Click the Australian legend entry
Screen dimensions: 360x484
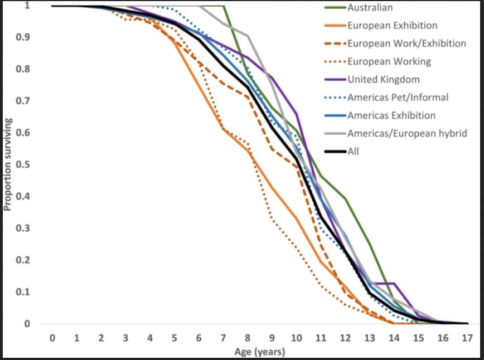coord(370,8)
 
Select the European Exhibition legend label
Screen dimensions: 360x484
coord(392,26)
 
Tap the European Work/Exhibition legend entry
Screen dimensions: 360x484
coord(406,43)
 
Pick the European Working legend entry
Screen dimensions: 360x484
coord(389,61)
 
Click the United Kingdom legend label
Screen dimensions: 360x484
coord(383,79)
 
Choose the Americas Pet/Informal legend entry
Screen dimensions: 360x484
coord(398,98)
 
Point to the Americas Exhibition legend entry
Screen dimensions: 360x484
coord(391,115)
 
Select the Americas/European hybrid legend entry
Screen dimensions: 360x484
coord(406,133)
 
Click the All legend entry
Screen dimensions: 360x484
coord(354,151)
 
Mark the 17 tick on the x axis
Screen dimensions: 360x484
coord(467,338)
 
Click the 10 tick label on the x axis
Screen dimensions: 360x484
coord(296,338)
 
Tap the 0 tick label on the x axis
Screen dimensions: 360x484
coord(52,338)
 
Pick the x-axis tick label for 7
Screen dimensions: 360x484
coord(223,338)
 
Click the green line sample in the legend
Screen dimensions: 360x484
coord(335,8)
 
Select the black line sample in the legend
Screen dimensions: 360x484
coord(335,151)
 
